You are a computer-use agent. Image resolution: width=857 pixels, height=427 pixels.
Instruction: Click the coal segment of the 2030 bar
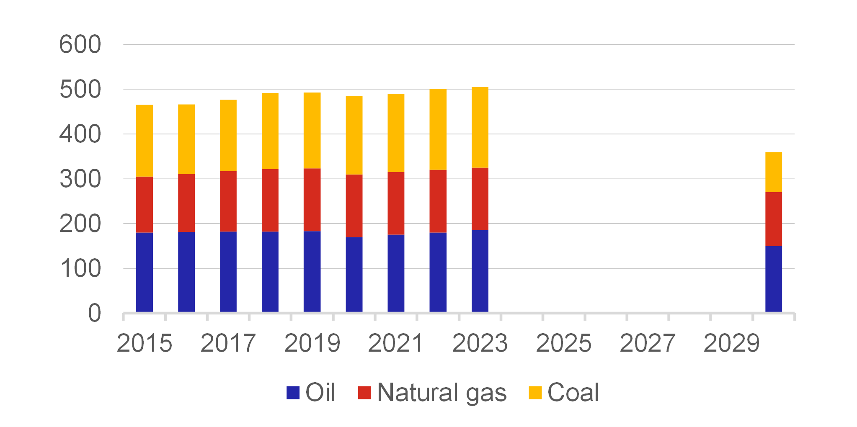pos(773,172)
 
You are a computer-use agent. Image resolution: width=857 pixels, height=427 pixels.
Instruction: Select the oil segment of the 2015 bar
pos(144,272)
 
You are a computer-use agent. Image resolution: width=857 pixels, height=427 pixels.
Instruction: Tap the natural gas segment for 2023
pos(480,199)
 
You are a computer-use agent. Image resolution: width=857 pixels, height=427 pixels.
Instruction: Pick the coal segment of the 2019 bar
pos(312,131)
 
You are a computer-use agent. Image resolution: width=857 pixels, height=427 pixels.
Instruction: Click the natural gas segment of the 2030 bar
pos(773,219)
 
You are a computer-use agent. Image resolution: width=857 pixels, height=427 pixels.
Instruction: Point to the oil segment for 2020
pos(354,275)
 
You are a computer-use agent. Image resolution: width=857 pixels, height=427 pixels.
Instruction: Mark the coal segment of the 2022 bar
pos(438,129)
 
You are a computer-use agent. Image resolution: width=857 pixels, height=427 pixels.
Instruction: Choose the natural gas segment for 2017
pos(228,201)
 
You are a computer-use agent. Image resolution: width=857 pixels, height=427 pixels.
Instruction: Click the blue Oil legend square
pos(293,393)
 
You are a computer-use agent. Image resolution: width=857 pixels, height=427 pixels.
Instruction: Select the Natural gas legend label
pos(441,393)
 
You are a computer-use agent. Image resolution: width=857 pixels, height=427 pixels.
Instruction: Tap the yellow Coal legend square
pos(535,393)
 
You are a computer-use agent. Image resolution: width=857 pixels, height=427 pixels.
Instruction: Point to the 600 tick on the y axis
pos(80,44)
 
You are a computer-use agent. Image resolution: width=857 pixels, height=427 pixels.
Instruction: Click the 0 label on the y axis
pos(94,313)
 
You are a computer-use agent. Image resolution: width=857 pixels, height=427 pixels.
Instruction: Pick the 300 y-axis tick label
pos(80,179)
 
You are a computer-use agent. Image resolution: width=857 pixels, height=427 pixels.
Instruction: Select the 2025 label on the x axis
pos(563,343)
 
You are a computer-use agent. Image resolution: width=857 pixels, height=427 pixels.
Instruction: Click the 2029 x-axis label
pos(731,343)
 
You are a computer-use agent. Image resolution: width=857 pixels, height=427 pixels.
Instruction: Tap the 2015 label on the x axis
pos(144,343)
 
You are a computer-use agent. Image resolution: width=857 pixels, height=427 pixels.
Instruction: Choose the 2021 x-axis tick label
pos(396,343)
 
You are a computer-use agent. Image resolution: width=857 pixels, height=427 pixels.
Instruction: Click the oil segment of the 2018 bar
pos(270,272)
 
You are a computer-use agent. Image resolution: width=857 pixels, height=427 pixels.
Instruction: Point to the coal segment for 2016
pos(186,139)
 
